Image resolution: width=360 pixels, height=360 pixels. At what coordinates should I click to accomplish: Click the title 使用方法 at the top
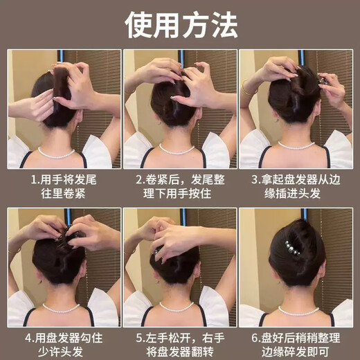[x=181, y=24]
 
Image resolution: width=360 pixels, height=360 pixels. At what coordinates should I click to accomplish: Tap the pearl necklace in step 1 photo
[x=57, y=152]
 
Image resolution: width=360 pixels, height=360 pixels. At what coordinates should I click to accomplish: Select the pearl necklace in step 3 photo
[x=296, y=146]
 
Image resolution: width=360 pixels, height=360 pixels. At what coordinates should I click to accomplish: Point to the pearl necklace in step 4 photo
[x=61, y=307]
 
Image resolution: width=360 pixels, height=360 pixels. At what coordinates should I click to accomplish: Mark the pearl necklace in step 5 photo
[x=178, y=307]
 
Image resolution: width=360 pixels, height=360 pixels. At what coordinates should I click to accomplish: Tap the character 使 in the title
[x=138, y=24]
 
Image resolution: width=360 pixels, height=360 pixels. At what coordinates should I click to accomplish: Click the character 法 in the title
[x=223, y=24]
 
